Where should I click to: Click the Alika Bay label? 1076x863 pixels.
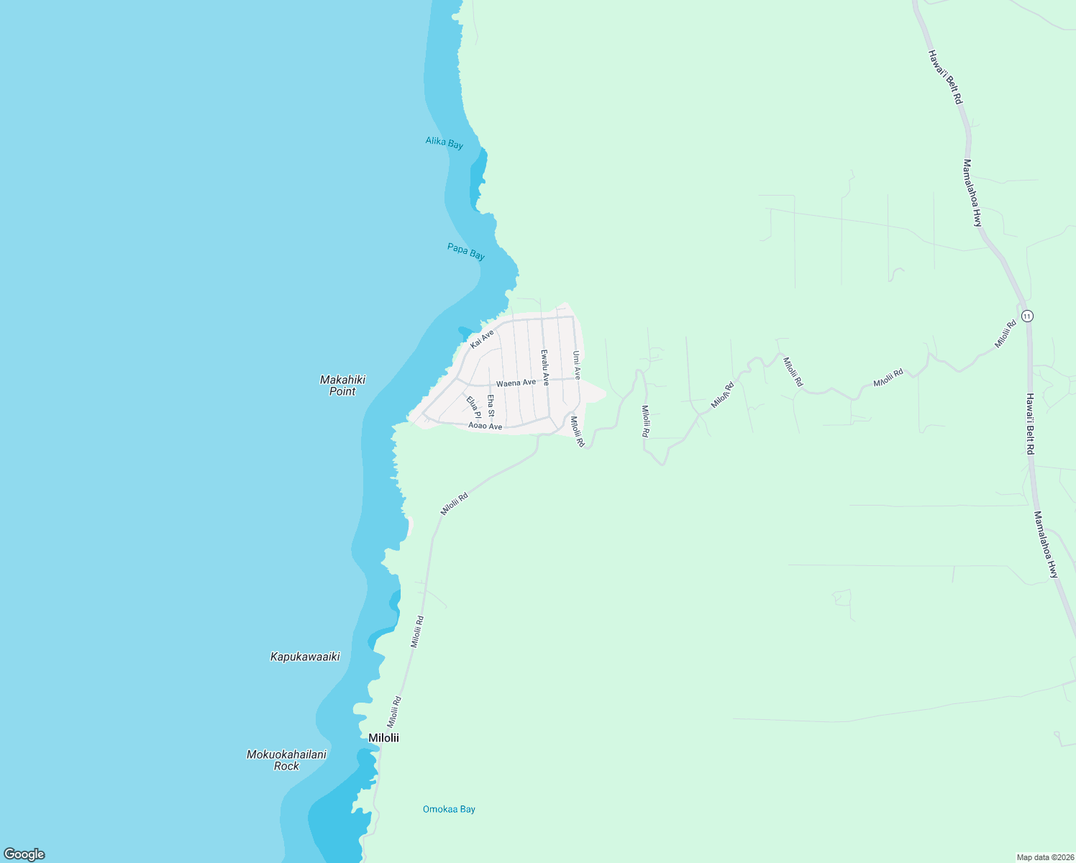point(444,143)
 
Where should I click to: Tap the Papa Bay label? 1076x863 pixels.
point(466,252)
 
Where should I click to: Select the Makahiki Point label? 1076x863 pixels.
point(342,385)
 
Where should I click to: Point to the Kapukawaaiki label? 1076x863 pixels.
point(305,657)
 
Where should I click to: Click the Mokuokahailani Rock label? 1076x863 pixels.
point(286,760)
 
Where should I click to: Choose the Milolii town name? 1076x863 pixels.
point(383,738)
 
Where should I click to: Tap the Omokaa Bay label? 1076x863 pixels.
point(449,809)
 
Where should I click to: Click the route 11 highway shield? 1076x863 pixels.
point(1026,316)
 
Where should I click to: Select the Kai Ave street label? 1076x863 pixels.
point(482,339)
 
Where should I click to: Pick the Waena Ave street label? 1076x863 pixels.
point(516,383)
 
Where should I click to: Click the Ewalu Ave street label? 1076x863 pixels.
point(545,367)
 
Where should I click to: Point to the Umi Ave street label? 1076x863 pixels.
point(576,365)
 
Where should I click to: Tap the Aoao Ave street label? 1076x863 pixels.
point(485,426)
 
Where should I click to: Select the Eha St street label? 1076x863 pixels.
point(491,406)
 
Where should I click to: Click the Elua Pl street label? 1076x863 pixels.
point(473,407)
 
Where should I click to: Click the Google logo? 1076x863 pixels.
point(24,854)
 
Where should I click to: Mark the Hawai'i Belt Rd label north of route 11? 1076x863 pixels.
point(944,78)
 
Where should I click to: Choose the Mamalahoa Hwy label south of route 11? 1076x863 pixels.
point(1046,544)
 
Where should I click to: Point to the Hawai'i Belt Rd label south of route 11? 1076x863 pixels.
point(1030,424)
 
